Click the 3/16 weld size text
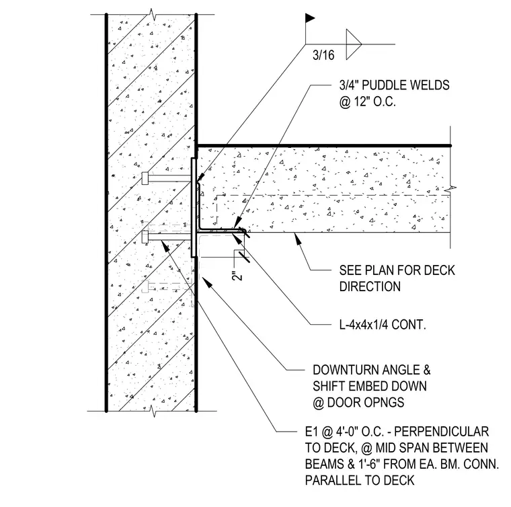pyautogui.click(x=323, y=54)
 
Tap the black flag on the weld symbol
pyautogui.click(x=309, y=18)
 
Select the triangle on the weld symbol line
pyautogui.click(x=354, y=44)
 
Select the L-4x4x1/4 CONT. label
pyautogui.click(x=383, y=325)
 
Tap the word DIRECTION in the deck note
pyautogui.click(x=370, y=286)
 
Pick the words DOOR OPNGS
pyautogui.click(x=366, y=402)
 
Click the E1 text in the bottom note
pyautogui.click(x=311, y=432)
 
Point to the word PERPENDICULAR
pyautogui.click(x=441, y=432)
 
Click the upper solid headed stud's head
pyautogui.click(x=145, y=178)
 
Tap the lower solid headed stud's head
pyautogui.click(x=145, y=237)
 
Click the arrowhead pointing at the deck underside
pyautogui.click(x=297, y=239)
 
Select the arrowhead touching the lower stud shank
pyautogui.click(x=165, y=245)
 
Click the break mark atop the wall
pyautogui.click(x=152, y=15)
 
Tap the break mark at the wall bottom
pyautogui.click(x=153, y=411)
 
